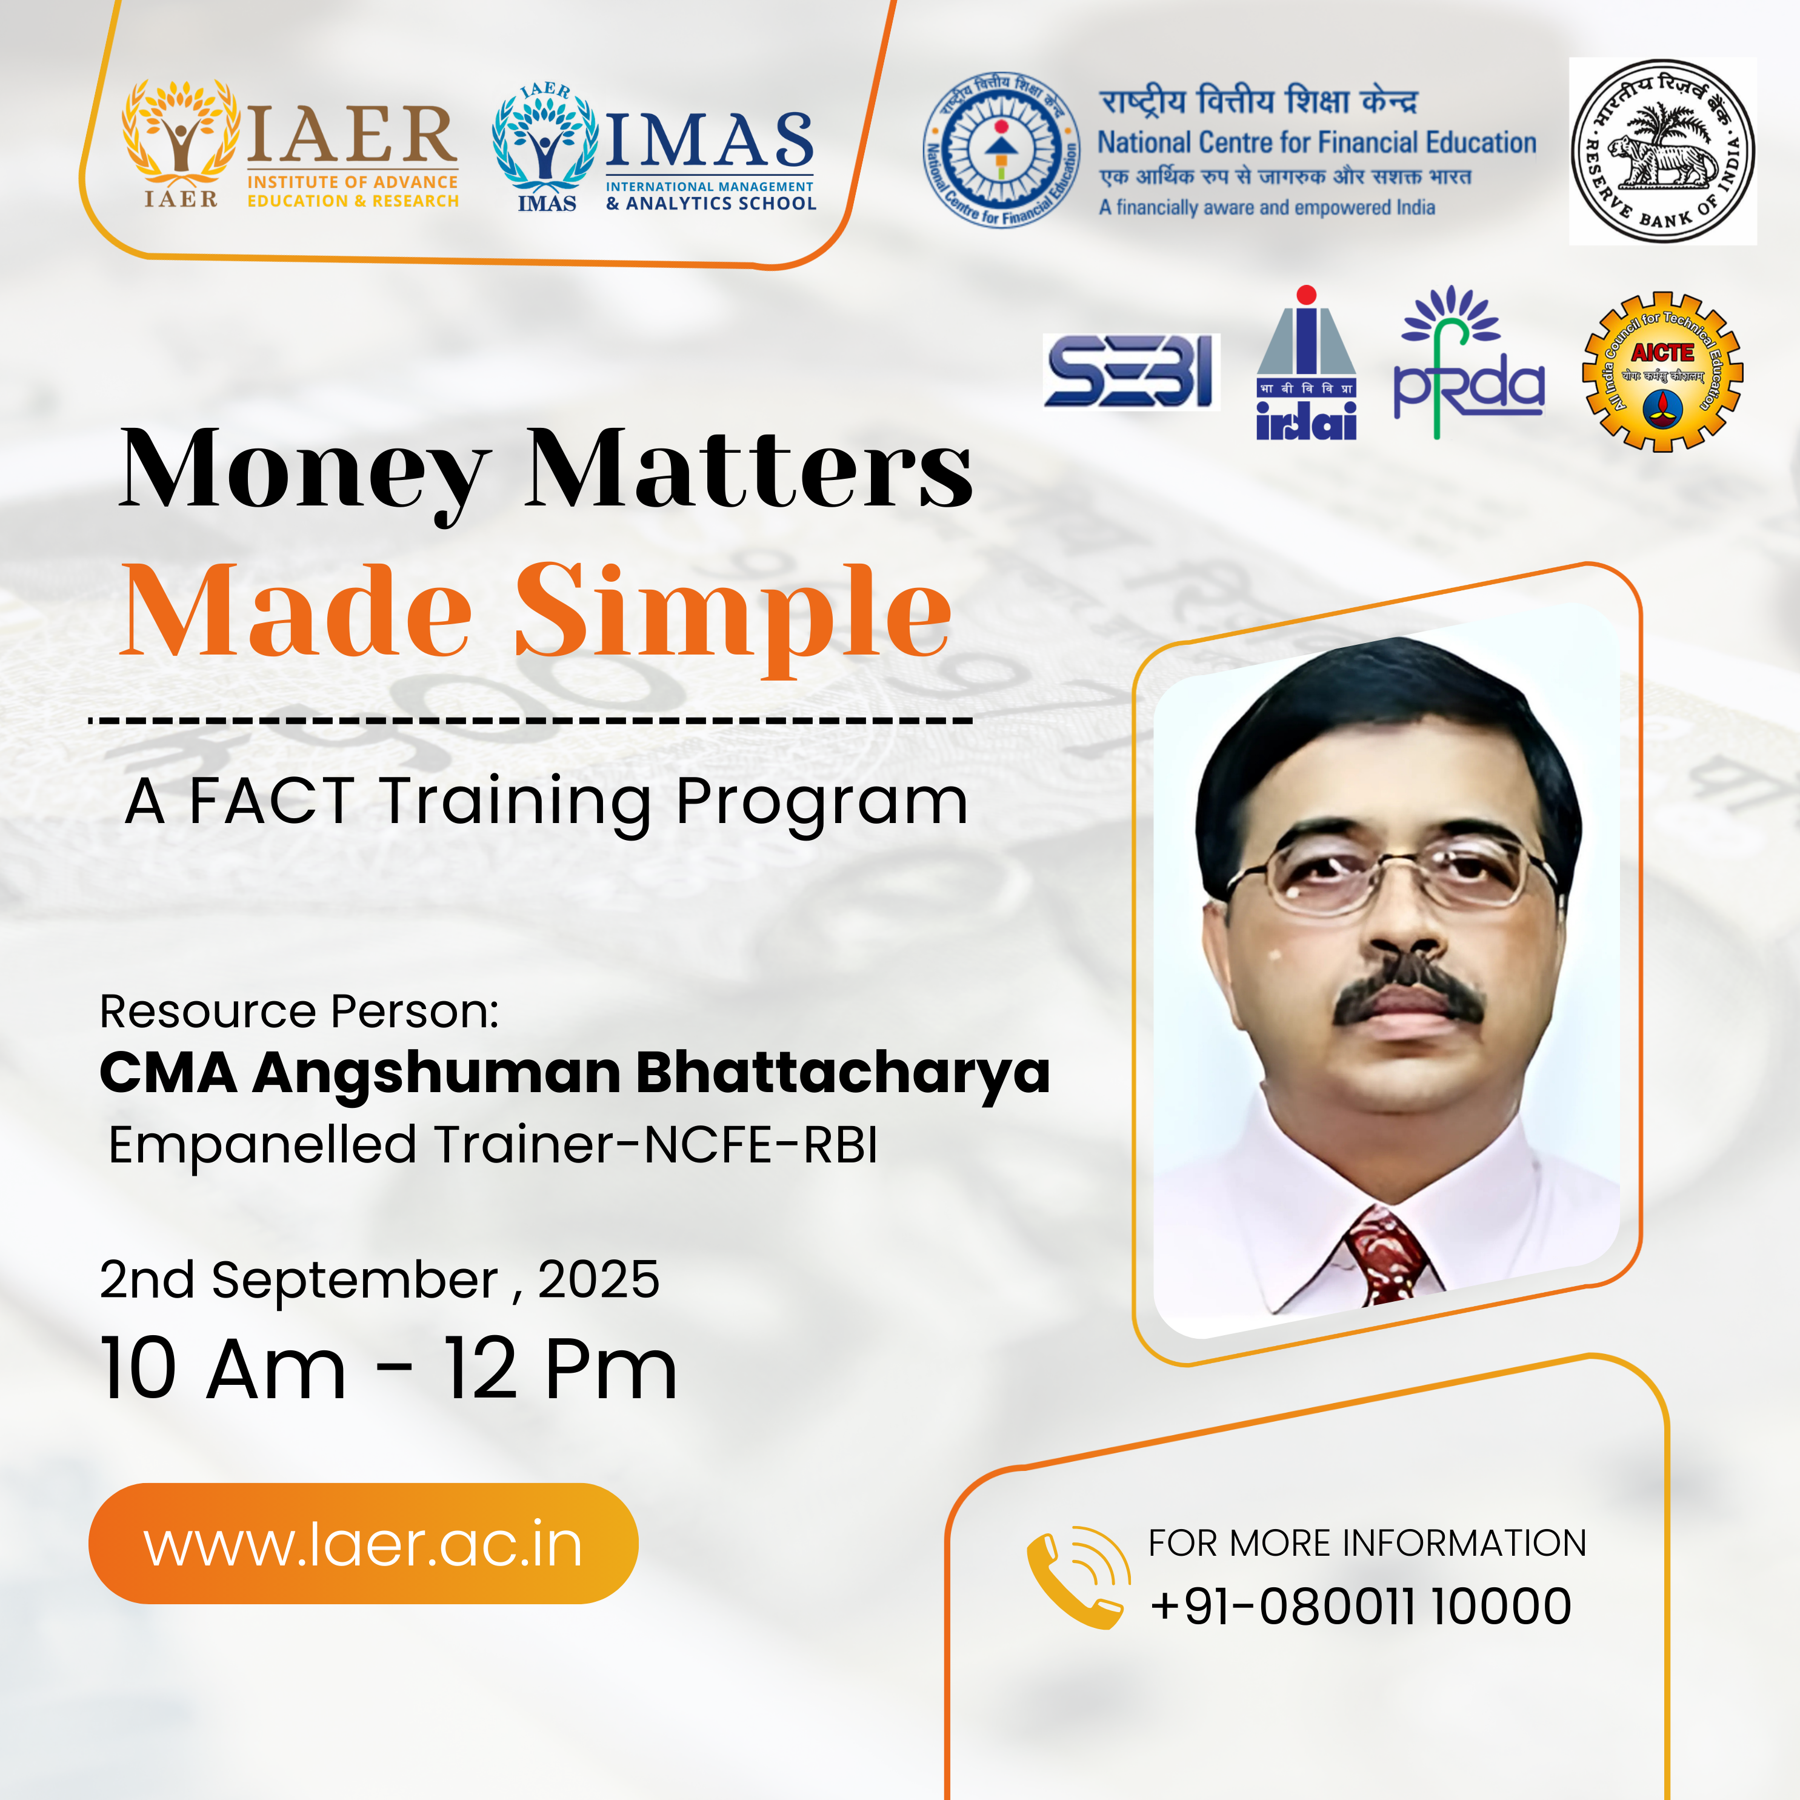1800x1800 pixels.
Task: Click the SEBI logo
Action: (1130, 372)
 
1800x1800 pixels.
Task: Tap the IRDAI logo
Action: (1306, 364)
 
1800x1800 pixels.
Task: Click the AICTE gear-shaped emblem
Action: (1662, 372)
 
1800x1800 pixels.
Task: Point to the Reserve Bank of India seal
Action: (1662, 151)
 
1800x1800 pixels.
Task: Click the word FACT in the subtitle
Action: (271, 801)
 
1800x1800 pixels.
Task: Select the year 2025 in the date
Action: (598, 1279)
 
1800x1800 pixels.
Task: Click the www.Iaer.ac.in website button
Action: (364, 1544)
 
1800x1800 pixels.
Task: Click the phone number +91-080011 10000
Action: (1360, 1606)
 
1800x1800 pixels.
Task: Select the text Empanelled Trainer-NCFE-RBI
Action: (493, 1145)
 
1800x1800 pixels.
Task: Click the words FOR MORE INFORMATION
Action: (1367, 1543)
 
